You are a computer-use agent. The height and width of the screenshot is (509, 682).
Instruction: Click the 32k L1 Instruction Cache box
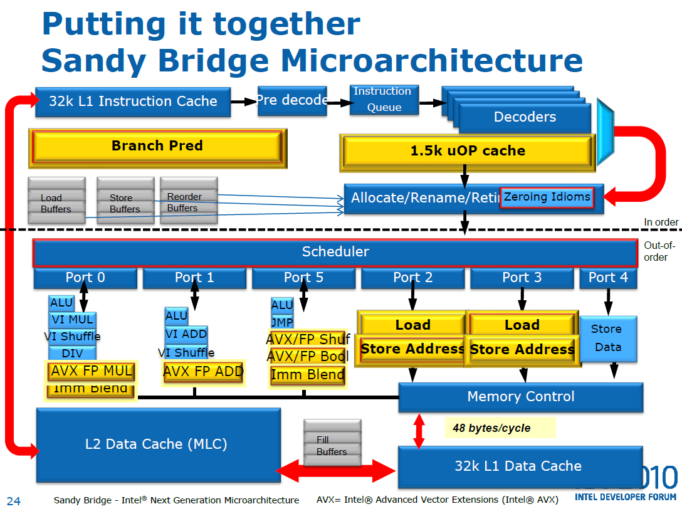[133, 102]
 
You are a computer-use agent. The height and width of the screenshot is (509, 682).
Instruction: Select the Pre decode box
[293, 100]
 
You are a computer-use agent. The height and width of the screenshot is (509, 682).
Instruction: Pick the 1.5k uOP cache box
[467, 152]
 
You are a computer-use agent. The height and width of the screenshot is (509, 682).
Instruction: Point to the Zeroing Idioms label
[547, 197]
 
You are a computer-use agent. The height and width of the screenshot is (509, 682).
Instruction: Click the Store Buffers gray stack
[125, 201]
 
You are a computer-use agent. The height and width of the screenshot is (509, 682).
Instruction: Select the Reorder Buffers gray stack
[188, 201]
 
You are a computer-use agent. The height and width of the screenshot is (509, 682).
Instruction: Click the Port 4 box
[607, 278]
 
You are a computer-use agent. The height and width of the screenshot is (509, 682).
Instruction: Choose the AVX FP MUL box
[92, 371]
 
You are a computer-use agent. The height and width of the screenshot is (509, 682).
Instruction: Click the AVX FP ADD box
[203, 372]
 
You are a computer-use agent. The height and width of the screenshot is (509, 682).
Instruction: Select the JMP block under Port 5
[282, 322]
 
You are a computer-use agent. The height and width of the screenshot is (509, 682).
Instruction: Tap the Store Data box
[607, 338]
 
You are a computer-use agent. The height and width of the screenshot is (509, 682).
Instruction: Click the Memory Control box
[520, 397]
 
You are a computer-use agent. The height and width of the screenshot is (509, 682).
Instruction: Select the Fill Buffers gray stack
[332, 443]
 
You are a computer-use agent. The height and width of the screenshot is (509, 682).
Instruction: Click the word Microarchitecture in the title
[432, 61]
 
